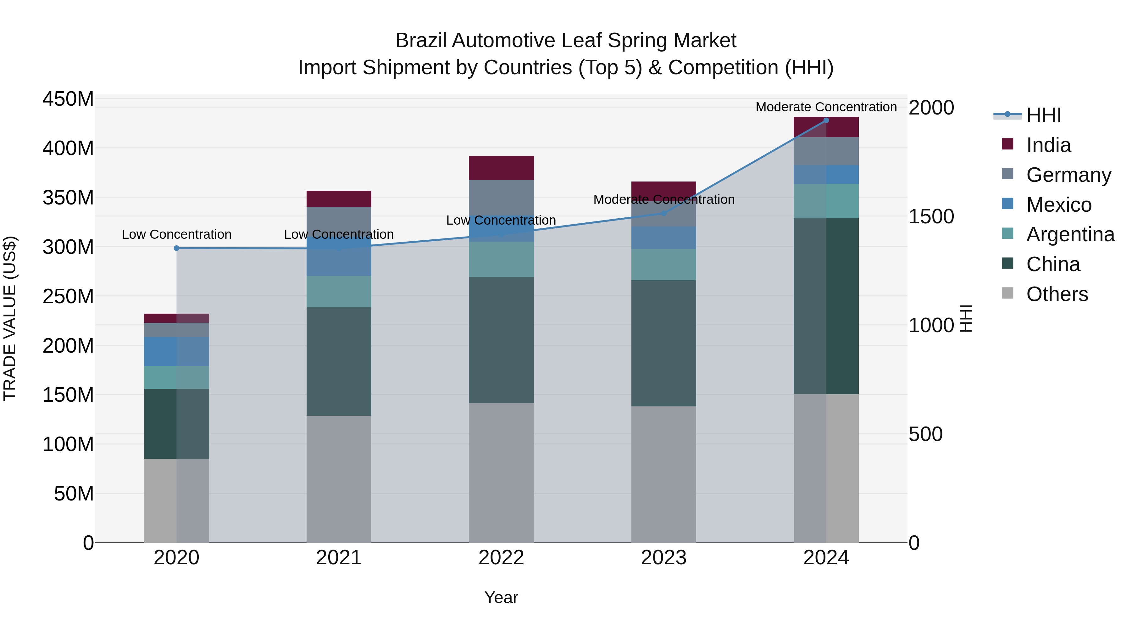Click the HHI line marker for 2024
coord(826,120)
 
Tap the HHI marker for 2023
coord(663,213)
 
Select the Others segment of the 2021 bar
coord(339,479)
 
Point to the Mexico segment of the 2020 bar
coord(177,352)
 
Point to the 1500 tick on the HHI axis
coord(931,216)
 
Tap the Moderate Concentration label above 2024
coord(826,107)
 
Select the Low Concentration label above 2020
coord(177,234)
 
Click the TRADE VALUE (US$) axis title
coord(10,318)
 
